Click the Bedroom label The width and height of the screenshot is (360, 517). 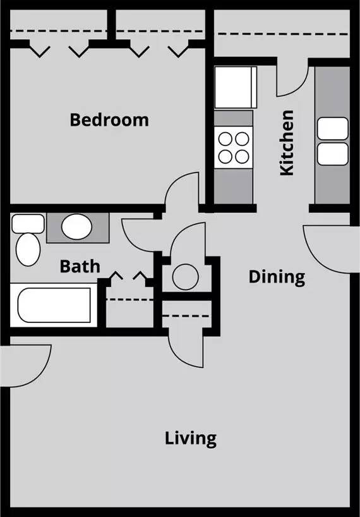(109, 119)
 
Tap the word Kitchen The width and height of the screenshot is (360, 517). (287, 143)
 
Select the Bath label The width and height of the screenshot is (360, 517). (80, 266)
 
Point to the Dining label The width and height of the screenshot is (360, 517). (277, 276)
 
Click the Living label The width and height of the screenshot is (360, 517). (191, 437)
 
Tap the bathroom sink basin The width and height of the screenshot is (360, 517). (78, 227)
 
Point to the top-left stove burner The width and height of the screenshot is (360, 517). (225, 137)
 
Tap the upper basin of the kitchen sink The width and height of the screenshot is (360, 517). (332, 129)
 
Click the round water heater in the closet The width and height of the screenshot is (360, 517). (186, 275)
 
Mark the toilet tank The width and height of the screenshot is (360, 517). (28, 222)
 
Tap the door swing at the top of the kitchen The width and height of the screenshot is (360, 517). (292, 78)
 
